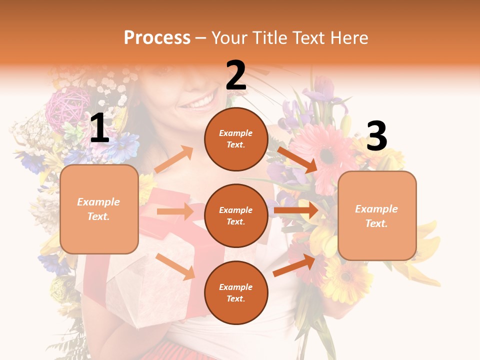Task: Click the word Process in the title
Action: point(157,38)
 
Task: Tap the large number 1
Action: point(99,128)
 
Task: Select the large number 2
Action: point(236,76)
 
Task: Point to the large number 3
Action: point(376,136)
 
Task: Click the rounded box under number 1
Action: point(99,209)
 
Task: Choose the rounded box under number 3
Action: point(377,216)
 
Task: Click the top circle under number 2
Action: point(236,139)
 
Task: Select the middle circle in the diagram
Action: point(236,215)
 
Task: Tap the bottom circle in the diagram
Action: point(236,292)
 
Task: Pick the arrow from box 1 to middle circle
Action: point(175,211)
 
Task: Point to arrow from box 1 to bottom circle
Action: point(175,266)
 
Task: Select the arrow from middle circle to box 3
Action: point(296,210)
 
